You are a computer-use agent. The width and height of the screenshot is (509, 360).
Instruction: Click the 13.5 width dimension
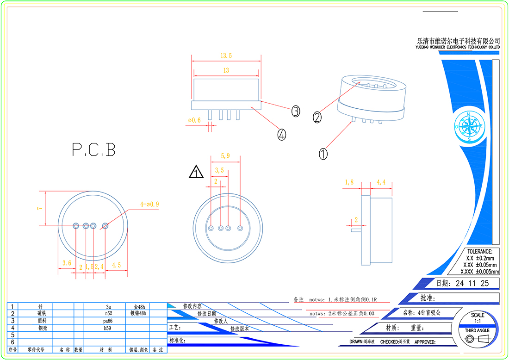226,56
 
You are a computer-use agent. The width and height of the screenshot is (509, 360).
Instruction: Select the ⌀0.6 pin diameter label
194,120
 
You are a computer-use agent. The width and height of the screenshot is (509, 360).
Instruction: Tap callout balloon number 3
296,111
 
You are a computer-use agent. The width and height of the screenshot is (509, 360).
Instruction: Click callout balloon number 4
282,135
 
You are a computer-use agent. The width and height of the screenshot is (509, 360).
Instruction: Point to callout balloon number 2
317,118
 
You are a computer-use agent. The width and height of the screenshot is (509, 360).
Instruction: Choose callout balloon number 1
323,154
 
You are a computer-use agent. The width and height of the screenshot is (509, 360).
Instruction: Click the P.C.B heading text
93,149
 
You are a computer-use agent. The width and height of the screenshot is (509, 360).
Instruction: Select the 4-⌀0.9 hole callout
149,204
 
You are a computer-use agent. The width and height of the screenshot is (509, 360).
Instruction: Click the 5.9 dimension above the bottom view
225,156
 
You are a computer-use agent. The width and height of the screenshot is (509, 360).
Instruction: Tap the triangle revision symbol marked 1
196,173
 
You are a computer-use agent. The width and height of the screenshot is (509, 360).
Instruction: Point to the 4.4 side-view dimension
381,182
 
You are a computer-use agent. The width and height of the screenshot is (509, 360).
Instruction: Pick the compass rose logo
469,126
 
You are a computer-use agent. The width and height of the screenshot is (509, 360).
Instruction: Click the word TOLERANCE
480,251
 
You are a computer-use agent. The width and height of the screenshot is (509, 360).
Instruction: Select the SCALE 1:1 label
478,318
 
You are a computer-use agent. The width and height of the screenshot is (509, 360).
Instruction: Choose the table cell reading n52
109,313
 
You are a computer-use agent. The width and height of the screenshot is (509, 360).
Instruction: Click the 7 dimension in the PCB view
40,209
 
